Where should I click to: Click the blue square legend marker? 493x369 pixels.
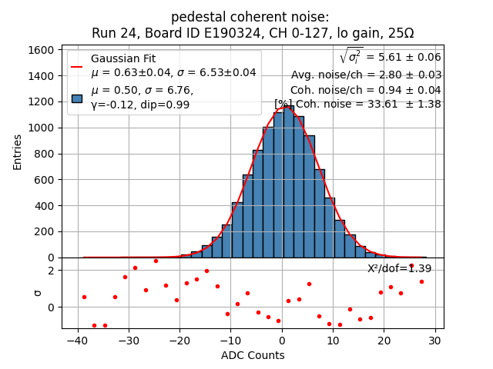click(x=77, y=98)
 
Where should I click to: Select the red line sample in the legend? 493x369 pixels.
click(x=77, y=66)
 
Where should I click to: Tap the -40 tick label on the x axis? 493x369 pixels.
click(x=76, y=341)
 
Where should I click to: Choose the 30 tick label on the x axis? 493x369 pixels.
click(x=434, y=341)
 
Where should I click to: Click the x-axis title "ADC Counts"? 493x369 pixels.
click(x=253, y=355)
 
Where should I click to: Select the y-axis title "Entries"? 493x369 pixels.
click(x=17, y=151)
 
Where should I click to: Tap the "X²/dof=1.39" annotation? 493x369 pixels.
click(x=399, y=268)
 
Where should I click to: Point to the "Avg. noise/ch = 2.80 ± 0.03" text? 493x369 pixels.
click(x=366, y=75)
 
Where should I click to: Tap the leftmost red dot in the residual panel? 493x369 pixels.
click(x=84, y=297)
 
